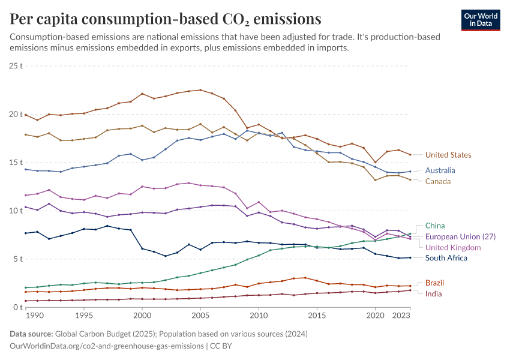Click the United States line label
(448, 155)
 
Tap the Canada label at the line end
(437, 181)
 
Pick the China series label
(435, 226)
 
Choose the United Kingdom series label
(453, 247)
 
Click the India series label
(434, 294)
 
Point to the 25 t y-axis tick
(16, 65)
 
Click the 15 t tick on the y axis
(16, 163)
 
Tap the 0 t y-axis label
(18, 307)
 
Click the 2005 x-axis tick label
(200, 315)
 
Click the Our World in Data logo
(481, 20)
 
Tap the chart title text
(165, 19)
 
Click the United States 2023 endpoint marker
(410, 155)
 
